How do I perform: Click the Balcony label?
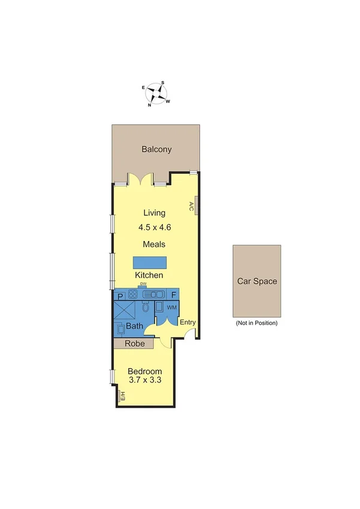[x=156, y=149]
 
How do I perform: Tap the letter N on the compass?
[x=149, y=105]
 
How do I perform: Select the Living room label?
[x=155, y=213]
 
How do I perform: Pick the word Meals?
[x=154, y=244]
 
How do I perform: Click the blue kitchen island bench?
[x=150, y=263]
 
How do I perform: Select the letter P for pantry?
[x=120, y=296]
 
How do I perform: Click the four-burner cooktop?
[x=132, y=295]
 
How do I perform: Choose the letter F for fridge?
[x=174, y=296]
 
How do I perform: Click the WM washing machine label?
[x=171, y=308]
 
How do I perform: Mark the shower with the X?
[x=126, y=310]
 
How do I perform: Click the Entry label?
[x=187, y=322]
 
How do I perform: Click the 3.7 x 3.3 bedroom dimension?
[x=145, y=380]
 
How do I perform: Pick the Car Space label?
[x=257, y=281]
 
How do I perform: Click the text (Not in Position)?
[x=257, y=323]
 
